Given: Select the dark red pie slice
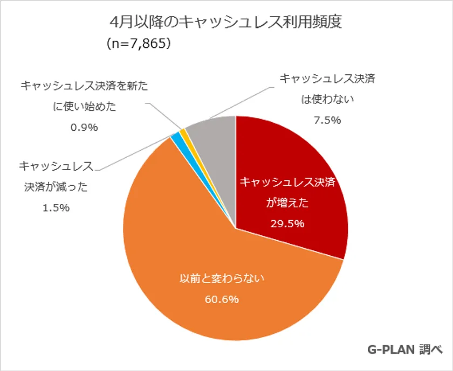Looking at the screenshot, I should point(291,178).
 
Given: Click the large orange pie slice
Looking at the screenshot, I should point(216,280).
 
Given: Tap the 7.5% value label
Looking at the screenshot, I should point(327,120).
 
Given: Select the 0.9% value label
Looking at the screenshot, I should point(84,128).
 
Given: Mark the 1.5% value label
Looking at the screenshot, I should point(56,208).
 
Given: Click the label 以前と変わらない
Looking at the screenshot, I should point(223,279).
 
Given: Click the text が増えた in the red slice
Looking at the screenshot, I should point(287,203).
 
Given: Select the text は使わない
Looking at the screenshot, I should point(327,99).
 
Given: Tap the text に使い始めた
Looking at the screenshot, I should point(84,107).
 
